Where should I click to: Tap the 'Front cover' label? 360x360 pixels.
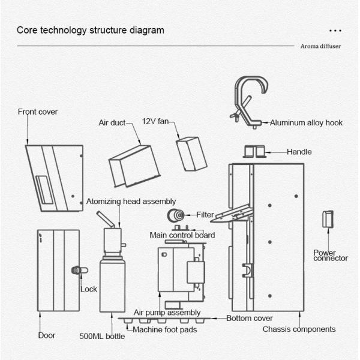38,112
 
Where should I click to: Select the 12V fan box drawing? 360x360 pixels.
191,154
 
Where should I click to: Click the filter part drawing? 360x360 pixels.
177,215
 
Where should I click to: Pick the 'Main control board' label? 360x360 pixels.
182,235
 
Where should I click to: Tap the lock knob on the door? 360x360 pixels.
76,270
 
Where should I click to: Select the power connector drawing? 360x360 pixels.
328,219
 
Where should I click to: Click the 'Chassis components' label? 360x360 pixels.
299,329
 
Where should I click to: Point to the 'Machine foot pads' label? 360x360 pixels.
166,329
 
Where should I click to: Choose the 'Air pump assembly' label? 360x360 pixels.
167,313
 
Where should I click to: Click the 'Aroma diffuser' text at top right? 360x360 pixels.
321,46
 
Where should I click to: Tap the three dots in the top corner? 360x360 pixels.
335,29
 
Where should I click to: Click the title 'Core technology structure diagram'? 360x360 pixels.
90,30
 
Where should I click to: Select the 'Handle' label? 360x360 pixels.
299,152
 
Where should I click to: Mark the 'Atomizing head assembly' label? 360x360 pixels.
131,202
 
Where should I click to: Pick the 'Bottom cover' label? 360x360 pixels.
250,318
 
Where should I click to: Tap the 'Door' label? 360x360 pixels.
47,335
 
